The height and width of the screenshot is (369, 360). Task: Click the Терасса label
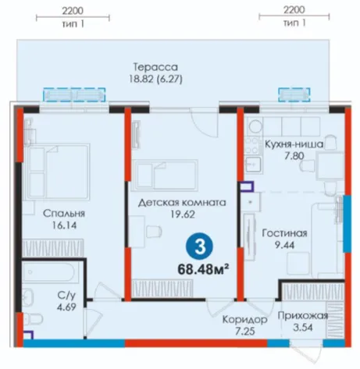tap(155, 67)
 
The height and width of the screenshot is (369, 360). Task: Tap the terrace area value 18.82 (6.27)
tap(155, 79)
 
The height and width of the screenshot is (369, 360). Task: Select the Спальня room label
tap(64, 214)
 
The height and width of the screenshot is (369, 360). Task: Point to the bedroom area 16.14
tap(64, 225)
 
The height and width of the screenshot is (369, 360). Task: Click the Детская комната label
tap(182, 202)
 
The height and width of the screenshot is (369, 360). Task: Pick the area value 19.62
tap(183, 215)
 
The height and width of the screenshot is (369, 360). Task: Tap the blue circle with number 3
tap(199, 247)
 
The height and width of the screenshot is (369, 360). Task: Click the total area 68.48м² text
tap(203, 269)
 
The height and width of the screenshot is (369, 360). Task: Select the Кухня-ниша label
tap(294, 144)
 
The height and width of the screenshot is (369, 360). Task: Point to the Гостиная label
tap(284, 233)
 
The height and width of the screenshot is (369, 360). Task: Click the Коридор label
tap(244, 319)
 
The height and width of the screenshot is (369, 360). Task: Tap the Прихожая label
tap(303, 316)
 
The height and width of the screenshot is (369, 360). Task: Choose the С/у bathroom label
tap(66, 296)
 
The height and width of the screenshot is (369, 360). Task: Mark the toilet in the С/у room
tap(33, 319)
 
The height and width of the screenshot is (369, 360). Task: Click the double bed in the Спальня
tap(56, 172)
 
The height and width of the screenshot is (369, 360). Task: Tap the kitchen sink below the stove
tap(253, 164)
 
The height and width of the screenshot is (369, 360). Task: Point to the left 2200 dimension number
tap(73, 11)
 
